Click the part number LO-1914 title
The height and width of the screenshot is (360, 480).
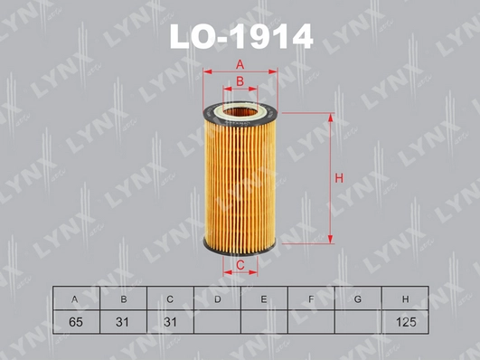coord(241,37)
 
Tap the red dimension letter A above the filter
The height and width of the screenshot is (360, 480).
coord(240,64)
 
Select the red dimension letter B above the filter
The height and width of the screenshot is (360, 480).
coord(240,81)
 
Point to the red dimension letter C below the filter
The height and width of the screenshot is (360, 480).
coord(240,265)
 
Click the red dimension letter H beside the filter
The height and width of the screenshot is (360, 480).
coord(339,178)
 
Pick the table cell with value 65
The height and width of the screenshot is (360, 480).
coord(76,322)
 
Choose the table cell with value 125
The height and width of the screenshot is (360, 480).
coord(405,322)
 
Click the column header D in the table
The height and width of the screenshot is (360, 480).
coord(217,298)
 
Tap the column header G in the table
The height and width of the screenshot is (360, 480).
coord(358,298)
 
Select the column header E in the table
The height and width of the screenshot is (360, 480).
coord(264,298)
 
